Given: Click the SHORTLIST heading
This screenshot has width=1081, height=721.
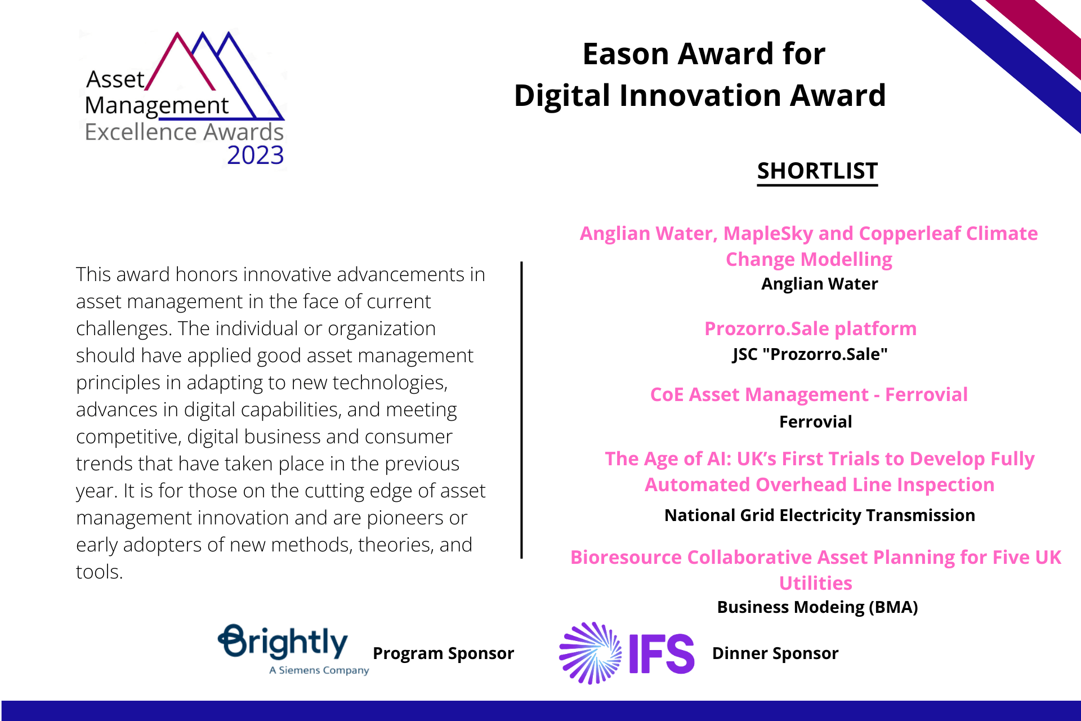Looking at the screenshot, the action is tap(817, 171).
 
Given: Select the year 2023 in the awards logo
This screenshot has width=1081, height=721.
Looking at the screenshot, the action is tap(256, 155).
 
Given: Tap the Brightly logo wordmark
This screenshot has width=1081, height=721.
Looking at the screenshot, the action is tap(283, 642).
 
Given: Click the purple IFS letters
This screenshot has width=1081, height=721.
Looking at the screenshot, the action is tap(662, 653).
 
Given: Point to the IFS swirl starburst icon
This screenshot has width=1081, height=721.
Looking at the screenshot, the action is tap(590, 653).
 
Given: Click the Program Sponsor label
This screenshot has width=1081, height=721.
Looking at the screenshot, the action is tap(443, 653).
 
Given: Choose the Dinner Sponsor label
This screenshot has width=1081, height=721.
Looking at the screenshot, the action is tap(775, 653).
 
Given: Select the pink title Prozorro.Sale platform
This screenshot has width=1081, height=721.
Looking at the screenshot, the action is tap(811, 328).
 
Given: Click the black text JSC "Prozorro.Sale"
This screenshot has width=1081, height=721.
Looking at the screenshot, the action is tap(810, 354).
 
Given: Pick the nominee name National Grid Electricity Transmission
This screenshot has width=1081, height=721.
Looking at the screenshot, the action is tap(820, 515).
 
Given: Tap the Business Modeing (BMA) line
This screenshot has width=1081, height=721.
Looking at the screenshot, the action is tap(818, 607).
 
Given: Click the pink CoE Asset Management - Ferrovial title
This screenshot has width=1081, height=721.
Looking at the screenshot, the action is tap(809, 395).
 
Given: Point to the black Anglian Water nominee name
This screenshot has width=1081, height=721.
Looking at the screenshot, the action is tap(819, 284).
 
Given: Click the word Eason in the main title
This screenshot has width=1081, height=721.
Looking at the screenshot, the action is tap(626, 54).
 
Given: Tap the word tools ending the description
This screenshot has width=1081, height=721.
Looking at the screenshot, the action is tap(100, 572).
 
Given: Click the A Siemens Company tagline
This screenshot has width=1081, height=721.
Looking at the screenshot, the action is tap(319, 670).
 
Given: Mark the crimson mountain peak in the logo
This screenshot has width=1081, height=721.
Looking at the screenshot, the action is tap(177, 34).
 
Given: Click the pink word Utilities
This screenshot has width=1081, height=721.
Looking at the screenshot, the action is tap(816, 583).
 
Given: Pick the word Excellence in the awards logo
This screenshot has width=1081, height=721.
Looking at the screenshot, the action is tap(141, 132).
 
